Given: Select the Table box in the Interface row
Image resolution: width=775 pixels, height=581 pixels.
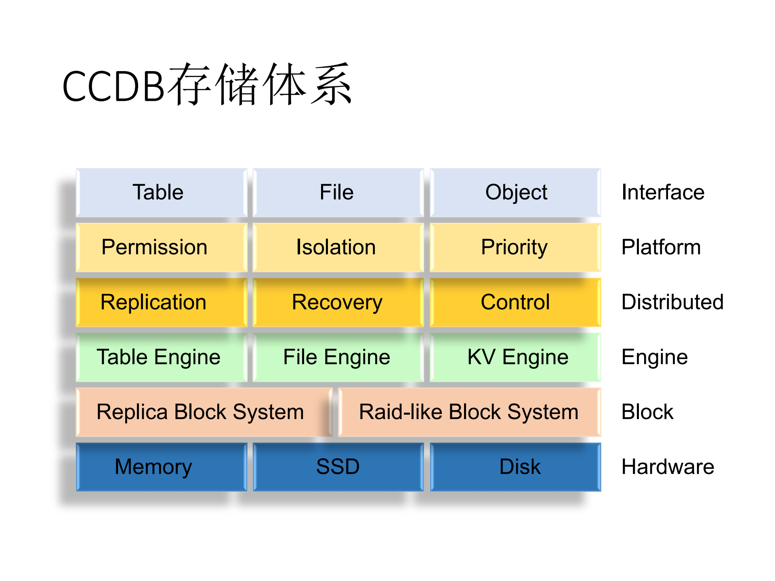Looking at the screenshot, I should (x=161, y=192).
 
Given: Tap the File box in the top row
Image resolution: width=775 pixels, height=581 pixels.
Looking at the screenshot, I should (x=338, y=192).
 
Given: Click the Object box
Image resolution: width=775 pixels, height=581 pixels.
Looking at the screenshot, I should (x=515, y=192).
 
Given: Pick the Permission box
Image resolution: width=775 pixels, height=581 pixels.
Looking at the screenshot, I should (x=161, y=247).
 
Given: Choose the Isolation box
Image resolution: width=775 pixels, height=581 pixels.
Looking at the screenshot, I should (x=338, y=247).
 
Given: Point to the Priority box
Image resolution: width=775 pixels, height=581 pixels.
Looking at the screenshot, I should (x=515, y=247).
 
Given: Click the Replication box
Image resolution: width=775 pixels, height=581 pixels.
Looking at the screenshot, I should (x=161, y=302).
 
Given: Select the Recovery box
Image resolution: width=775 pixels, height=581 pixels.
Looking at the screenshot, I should (x=338, y=302).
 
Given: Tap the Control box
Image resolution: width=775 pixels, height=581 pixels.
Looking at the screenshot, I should (x=515, y=302).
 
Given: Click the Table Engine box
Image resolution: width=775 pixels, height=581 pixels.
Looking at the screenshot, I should (x=161, y=357).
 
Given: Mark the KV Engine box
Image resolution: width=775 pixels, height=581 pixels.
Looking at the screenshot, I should (x=515, y=357).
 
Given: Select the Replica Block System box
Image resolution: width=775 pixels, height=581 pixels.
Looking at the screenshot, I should (x=203, y=412).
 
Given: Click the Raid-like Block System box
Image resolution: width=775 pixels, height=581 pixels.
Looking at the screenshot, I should (x=469, y=412).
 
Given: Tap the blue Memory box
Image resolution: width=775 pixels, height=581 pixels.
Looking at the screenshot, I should (x=161, y=467).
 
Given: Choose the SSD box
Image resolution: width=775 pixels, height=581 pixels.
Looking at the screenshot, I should (x=338, y=467).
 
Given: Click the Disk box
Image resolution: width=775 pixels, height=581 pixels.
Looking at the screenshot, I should (x=515, y=467).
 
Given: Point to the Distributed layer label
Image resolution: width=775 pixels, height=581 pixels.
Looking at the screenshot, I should (x=672, y=302).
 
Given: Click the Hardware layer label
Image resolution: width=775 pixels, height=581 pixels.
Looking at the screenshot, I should (x=668, y=467).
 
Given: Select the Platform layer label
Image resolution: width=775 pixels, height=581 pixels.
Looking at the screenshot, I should (x=661, y=247).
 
